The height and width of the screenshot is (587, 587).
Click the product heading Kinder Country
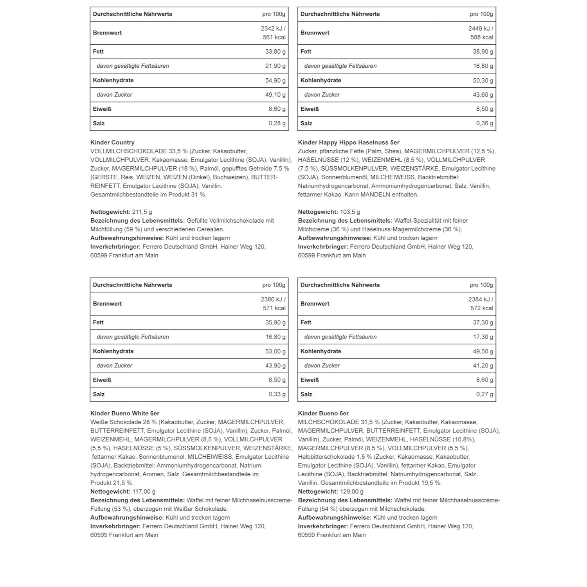(x=112, y=142)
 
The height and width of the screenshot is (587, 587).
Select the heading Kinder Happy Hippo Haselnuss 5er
(x=348, y=142)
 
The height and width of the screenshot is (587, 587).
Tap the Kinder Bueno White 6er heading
(x=125, y=413)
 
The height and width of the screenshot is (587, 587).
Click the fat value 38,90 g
(x=483, y=52)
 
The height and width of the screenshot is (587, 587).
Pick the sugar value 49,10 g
(x=275, y=95)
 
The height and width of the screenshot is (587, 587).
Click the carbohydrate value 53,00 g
(x=275, y=351)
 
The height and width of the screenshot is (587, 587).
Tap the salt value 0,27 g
(x=484, y=394)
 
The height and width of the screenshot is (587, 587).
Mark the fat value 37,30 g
(x=483, y=322)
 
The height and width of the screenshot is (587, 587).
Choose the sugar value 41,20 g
(x=483, y=366)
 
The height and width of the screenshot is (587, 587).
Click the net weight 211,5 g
(x=142, y=212)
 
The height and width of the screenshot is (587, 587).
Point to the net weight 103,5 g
(x=350, y=212)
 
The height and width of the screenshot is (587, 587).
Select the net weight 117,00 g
(x=144, y=492)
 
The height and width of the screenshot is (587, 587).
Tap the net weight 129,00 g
(x=351, y=492)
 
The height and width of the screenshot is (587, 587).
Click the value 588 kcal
(x=482, y=38)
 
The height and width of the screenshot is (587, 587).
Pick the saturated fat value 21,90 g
(x=275, y=66)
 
